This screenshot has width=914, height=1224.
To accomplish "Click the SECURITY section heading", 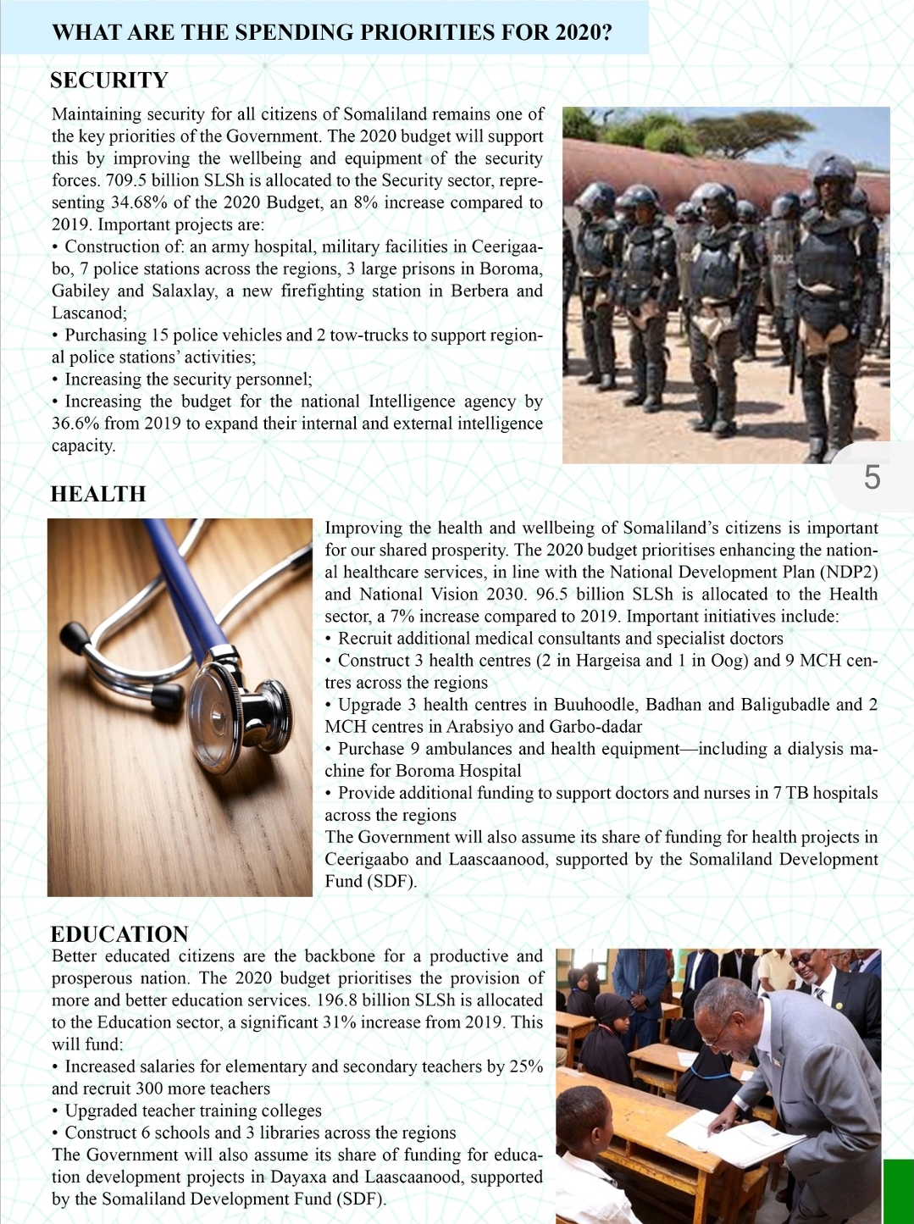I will point(109,80).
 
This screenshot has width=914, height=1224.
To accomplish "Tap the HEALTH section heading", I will point(98,494).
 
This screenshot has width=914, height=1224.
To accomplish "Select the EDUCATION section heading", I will point(119,934).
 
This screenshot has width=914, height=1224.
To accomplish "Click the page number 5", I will point(872,478).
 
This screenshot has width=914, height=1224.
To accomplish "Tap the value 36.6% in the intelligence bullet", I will point(74,424).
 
